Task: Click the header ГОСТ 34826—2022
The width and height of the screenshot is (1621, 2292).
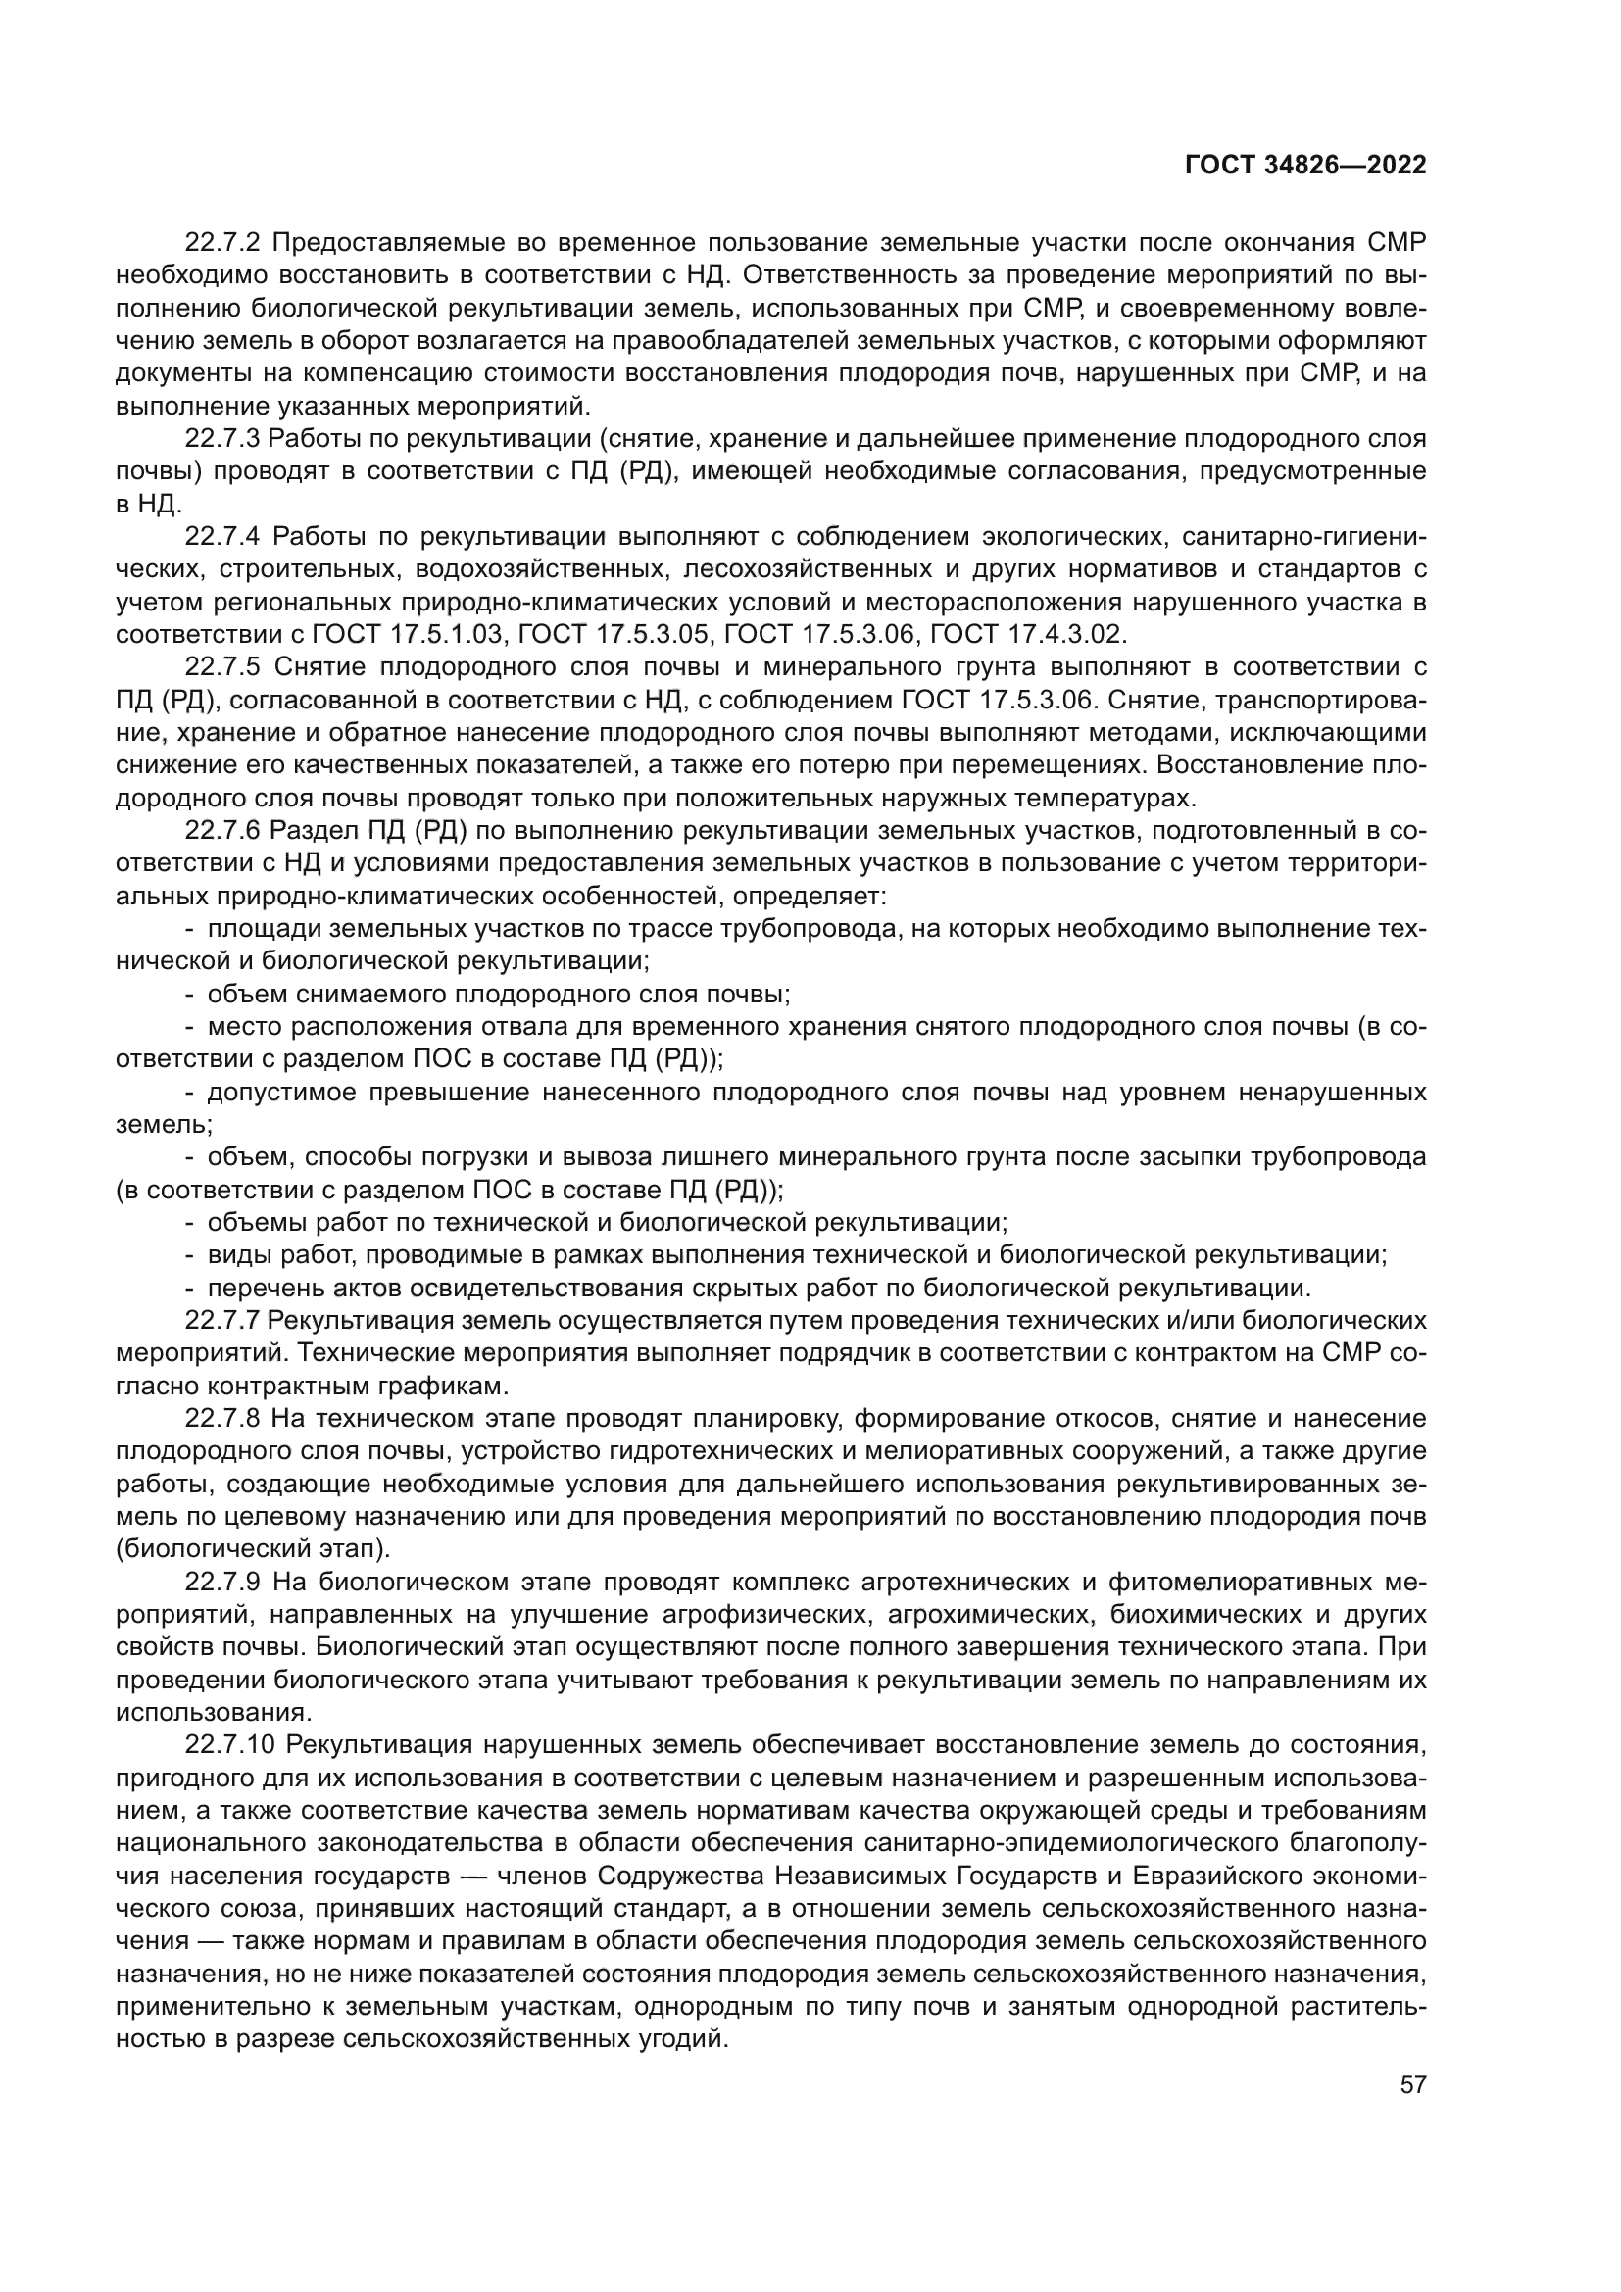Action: point(1305,166)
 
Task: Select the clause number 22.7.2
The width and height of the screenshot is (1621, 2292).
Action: point(222,243)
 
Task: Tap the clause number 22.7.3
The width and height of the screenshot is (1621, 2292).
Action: point(222,438)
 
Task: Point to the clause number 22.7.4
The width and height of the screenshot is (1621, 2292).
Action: point(222,536)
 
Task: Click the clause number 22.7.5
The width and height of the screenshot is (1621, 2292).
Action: point(222,667)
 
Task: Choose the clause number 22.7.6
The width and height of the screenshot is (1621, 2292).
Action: point(222,831)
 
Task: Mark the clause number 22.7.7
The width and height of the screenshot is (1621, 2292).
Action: point(222,1321)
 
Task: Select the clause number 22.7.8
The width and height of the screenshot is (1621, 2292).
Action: point(222,1419)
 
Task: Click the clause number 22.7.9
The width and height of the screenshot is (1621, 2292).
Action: point(222,1583)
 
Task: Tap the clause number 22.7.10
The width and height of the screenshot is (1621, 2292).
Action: point(229,1745)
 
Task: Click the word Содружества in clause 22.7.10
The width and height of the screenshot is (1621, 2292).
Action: point(684,1876)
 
